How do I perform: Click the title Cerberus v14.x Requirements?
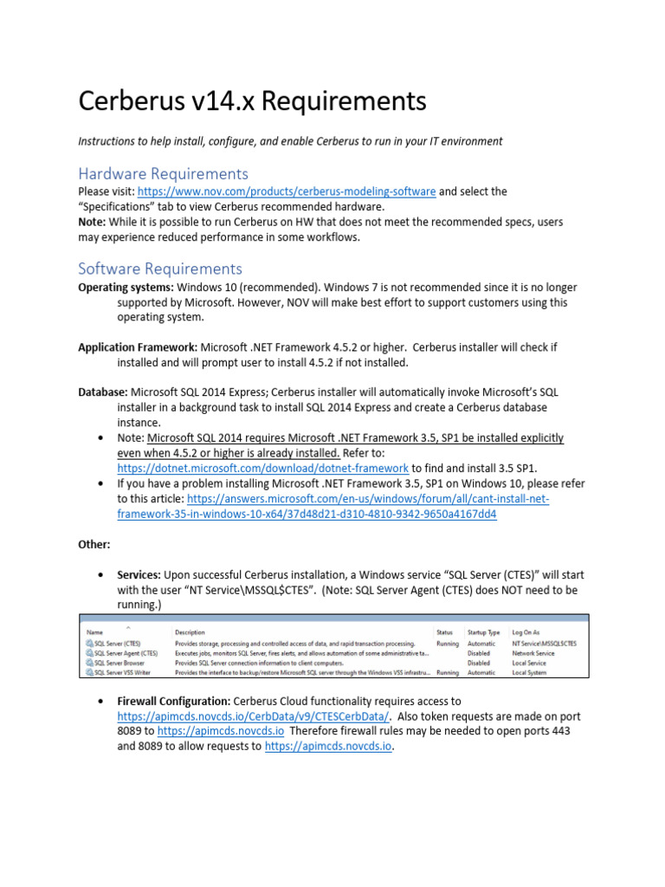tap(253, 101)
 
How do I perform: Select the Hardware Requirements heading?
tap(163, 173)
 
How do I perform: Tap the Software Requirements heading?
tap(160, 268)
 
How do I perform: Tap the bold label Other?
tap(94, 544)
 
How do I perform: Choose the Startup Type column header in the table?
tap(483, 631)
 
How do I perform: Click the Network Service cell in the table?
tap(537, 653)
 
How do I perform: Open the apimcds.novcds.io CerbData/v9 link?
tap(254, 716)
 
